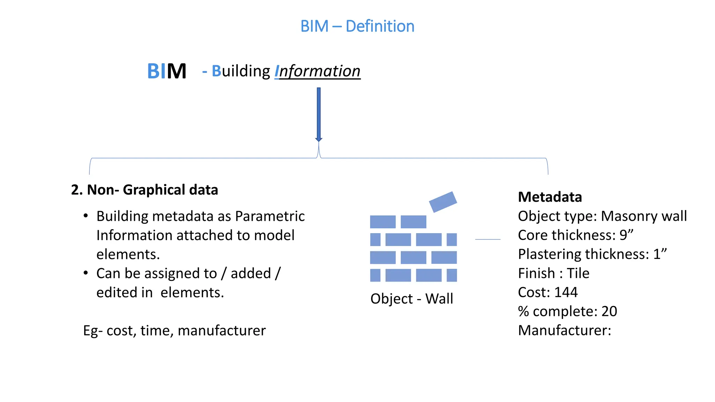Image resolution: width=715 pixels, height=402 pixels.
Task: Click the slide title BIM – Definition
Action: [357, 26]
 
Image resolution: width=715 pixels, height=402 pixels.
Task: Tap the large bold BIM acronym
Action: [167, 71]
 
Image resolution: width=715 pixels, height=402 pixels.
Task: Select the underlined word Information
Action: [317, 71]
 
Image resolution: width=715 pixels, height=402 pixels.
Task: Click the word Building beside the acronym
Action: [241, 71]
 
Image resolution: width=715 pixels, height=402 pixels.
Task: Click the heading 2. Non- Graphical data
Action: [145, 190]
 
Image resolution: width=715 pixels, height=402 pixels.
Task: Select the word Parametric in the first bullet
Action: [270, 216]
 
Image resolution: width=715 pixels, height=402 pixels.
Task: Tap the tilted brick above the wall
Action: [443, 202]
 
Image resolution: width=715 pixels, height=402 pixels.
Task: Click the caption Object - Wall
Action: [412, 299]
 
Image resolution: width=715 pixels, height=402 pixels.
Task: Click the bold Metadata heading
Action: [550, 197]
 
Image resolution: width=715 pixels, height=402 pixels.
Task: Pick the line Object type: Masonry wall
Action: [602, 216]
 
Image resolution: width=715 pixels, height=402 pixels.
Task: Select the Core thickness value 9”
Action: [626, 235]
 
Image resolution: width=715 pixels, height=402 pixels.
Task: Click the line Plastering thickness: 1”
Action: [592, 254]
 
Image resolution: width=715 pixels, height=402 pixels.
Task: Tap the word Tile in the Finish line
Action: [578, 273]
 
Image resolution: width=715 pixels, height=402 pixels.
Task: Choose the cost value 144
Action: [566, 292]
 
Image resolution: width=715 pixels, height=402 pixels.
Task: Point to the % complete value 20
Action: [609, 311]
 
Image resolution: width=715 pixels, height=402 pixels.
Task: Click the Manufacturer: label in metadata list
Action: [565, 330]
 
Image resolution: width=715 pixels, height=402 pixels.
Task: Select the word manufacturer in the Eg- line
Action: [222, 331]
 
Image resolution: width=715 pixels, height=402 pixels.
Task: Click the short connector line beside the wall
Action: [488, 239]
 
